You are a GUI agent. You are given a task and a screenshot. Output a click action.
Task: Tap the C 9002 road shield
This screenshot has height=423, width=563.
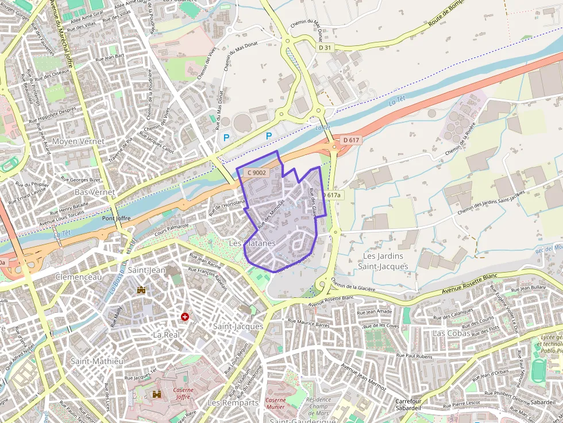point(256,172)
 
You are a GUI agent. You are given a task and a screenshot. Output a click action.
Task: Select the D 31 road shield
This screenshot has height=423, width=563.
point(325,48)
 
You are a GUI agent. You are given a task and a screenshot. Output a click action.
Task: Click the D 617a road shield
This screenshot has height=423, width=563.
point(331,195)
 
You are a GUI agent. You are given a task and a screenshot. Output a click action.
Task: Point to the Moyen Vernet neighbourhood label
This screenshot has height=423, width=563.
point(78,141)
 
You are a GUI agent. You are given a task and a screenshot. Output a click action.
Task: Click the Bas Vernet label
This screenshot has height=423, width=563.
point(95,192)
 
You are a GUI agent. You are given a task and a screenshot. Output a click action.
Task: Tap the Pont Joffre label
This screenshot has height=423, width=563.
point(116,219)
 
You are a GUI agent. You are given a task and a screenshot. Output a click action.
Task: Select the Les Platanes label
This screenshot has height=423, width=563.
point(252,243)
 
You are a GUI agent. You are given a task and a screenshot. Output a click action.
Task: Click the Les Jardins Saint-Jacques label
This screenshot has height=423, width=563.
point(383,261)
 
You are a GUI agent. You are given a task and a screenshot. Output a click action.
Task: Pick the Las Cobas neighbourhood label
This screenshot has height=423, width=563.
point(451,333)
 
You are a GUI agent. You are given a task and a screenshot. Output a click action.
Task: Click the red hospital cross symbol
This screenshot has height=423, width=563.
point(185,317)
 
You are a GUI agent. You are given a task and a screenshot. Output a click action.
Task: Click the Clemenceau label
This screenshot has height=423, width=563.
point(79,277)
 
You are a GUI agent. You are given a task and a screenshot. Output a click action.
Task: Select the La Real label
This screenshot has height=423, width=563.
point(167,334)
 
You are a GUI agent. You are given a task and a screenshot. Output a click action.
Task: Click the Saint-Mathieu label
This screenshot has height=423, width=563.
point(97,361)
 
